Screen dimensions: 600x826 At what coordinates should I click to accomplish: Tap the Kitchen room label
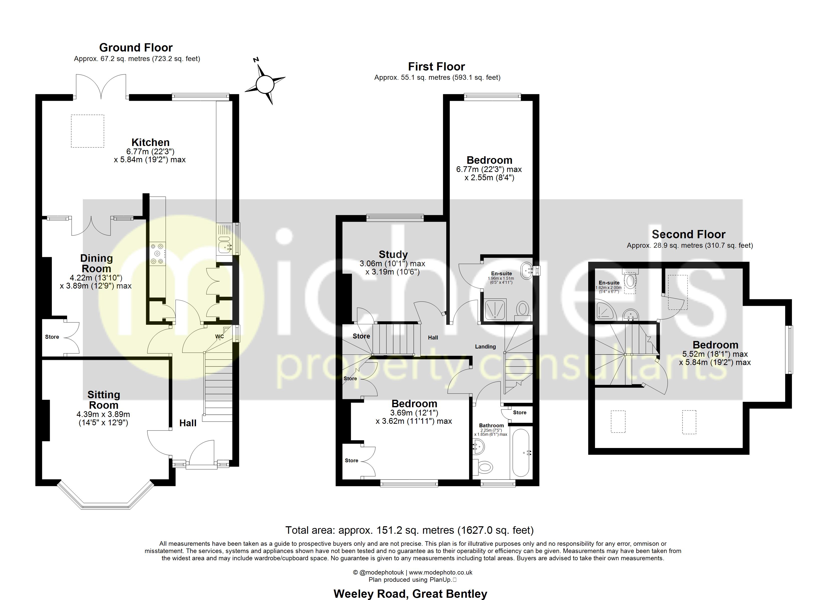click(150, 142)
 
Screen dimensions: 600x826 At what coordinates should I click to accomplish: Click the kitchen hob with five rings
click(157, 253)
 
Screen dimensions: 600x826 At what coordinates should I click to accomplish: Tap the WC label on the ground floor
click(219, 336)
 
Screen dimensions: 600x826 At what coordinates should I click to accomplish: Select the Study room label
click(393, 254)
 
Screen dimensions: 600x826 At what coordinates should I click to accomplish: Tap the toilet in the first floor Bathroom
click(484, 466)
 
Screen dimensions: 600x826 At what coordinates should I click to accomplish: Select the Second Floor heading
click(688, 234)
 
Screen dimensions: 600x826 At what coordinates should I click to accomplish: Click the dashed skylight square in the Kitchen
click(87, 131)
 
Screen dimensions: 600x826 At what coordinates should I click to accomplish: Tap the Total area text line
click(409, 530)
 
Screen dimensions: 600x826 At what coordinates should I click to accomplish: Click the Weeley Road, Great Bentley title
click(410, 594)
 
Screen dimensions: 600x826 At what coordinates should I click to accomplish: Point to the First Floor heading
click(436, 66)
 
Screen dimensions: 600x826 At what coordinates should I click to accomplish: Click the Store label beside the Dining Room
click(52, 337)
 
